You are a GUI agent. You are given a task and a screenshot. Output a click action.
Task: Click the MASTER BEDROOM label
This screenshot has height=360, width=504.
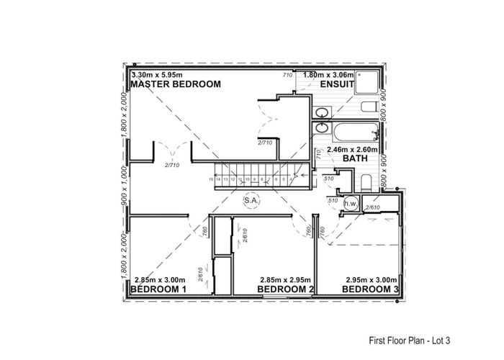click(175, 84)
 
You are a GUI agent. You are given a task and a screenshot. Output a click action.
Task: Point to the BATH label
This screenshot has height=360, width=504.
click(336, 158)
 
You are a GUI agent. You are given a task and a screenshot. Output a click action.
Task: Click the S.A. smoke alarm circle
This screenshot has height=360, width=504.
click(251, 199)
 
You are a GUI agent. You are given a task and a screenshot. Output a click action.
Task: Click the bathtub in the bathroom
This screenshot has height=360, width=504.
click(343, 132)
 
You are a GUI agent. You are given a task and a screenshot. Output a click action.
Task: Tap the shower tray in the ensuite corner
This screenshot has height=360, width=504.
click(371, 85)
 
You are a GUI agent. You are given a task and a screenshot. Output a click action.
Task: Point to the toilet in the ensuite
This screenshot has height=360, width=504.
click(369, 108)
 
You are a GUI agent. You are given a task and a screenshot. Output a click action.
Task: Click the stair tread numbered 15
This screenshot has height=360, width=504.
click(212, 179)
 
